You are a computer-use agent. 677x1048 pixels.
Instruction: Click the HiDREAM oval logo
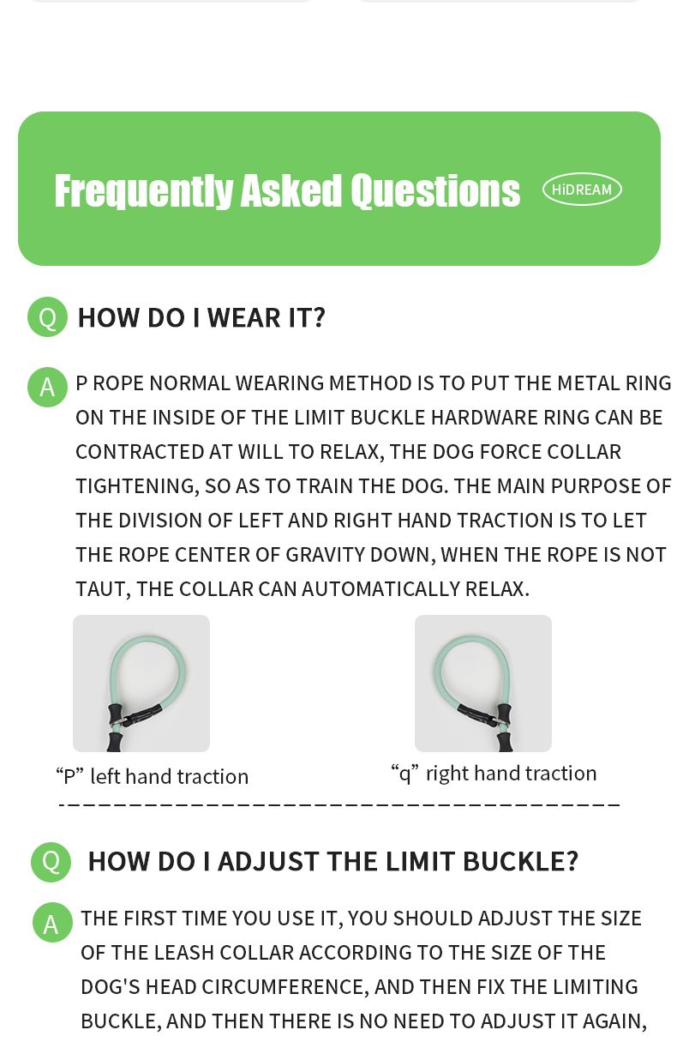pos(582,190)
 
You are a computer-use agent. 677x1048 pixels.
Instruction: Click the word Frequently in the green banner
pos(144,190)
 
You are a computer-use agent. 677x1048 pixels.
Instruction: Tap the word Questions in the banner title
pos(435,190)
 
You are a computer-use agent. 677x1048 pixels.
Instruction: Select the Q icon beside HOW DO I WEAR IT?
pos(47,316)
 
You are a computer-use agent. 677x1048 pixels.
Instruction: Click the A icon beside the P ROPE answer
pos(47,387)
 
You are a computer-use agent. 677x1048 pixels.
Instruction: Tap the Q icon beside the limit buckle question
pos(51,862)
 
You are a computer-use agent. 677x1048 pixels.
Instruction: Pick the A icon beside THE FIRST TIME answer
pos(52,922)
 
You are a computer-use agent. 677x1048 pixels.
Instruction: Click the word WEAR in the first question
pos(243,317)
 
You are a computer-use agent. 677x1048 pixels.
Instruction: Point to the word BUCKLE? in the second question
pos(521,861)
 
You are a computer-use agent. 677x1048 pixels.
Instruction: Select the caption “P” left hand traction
pos(152,777)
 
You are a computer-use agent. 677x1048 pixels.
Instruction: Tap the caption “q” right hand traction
pos(494,774)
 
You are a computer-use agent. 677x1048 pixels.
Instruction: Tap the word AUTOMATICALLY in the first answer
pos(380,589)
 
